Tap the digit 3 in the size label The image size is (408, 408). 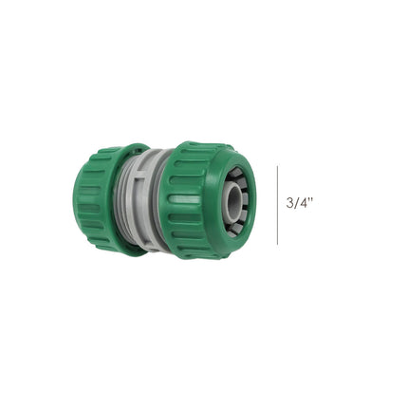289,203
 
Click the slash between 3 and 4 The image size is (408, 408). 296,203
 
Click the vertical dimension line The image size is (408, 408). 278,204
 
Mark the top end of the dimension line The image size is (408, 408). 278,165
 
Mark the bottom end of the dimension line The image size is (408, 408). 278,244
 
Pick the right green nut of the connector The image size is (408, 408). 195,199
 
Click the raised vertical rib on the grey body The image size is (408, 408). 162,201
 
